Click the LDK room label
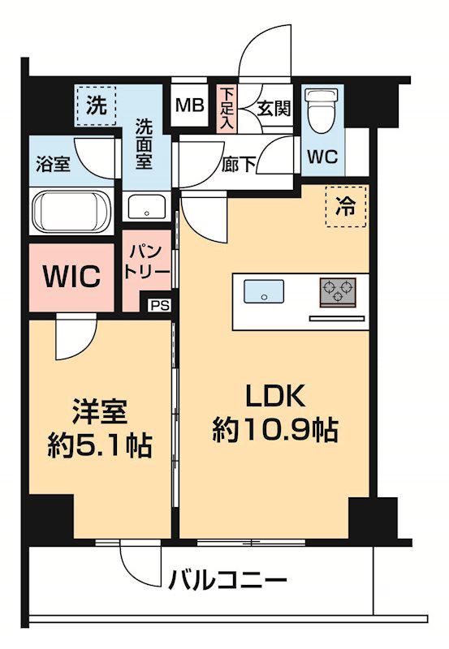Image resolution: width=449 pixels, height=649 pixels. (x=274, y=397)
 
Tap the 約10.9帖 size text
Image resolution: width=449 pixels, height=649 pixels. (x=274, y=430)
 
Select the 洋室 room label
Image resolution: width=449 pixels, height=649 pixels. (x=99, y=412)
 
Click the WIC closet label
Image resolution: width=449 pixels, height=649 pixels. (x=72, y=277)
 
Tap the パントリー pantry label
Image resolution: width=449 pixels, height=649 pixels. (x=147, y=261)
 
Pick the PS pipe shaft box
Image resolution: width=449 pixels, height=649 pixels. (x=160, y=306)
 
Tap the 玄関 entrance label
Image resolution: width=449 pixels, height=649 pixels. (x=274, y=107)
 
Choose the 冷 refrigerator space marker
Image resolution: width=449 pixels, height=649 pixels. (x=346, y=206)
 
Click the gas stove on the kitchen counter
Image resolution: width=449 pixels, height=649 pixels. (x=338, y=291)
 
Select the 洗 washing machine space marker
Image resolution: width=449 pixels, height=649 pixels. (x=97, y=105)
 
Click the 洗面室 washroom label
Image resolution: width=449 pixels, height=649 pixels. (x=144, y=144)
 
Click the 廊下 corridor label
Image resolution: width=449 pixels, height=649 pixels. (x=240, y=162)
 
